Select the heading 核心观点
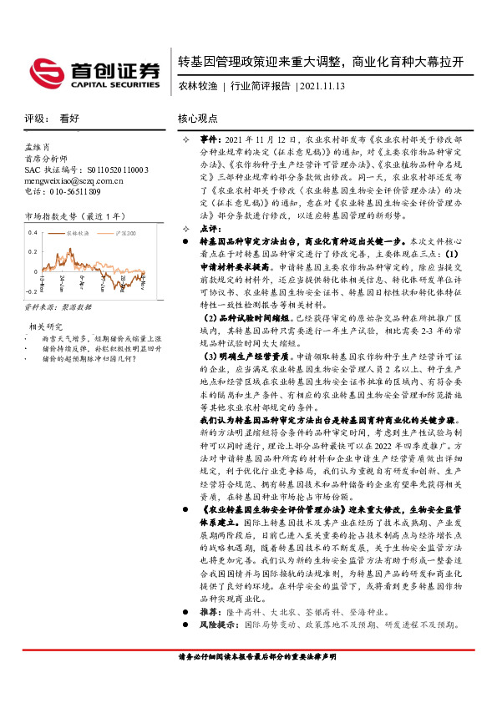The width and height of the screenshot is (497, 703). (197, 119)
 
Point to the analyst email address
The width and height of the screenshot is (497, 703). (74, 180)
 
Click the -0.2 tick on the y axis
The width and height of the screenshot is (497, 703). (30, 292)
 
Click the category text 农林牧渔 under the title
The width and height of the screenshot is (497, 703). (198, 85)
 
